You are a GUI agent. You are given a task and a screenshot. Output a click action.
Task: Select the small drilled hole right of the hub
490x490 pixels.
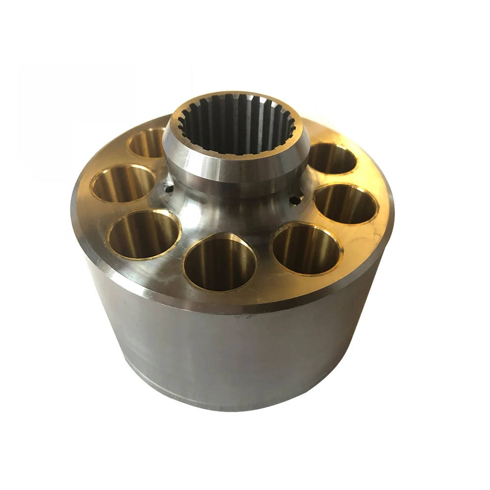294,200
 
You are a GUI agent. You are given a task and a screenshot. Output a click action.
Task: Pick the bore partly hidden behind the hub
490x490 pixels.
148,142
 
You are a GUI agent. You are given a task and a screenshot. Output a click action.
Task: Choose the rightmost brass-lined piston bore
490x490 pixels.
345,204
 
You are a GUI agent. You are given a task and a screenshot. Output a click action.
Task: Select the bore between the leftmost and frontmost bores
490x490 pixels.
144,234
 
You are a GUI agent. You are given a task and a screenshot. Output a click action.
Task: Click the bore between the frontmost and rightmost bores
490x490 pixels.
306,248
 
